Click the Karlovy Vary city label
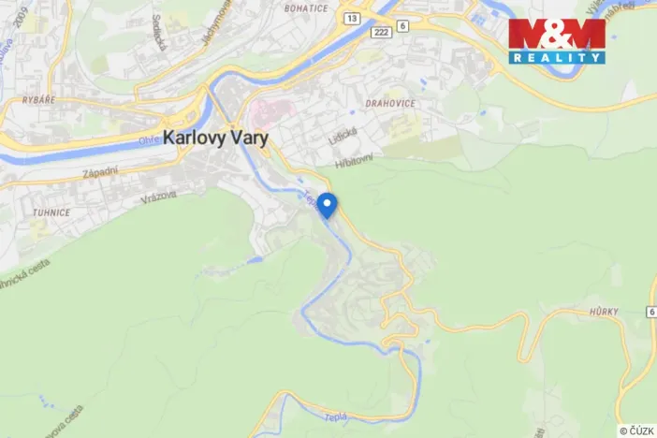[215, 137]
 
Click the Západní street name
[99, 174]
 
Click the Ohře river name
[148, 141]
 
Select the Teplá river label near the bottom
[335, 416]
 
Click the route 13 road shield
[351, 18]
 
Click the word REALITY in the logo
[557, 57]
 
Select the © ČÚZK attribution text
[636, 431]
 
